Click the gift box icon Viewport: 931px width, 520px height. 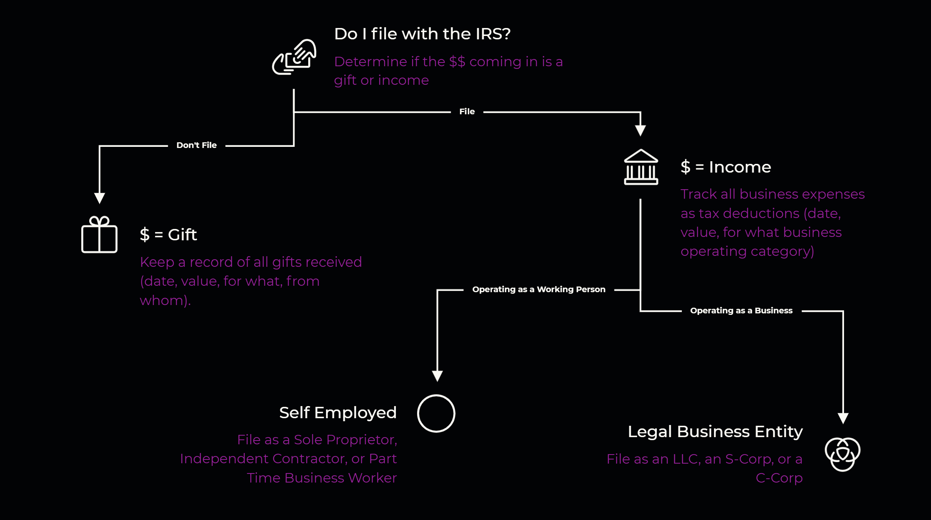pos(99,235)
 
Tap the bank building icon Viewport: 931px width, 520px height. pos(641,167)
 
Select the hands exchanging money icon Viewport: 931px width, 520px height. pos(294,57)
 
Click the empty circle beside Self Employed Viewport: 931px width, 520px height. pos(436,413)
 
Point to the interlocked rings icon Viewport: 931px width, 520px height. pos(843,454)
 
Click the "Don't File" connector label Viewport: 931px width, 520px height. pos(197,145)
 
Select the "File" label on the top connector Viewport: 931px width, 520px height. pos(467,112)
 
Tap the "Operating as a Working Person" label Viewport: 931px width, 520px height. pos(538,290)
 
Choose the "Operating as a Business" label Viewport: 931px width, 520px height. pos(741,311)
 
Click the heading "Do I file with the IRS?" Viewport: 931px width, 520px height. pos(422,34)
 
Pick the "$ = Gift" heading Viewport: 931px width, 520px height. pos(168,235)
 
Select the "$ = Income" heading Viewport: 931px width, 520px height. pos(726,167)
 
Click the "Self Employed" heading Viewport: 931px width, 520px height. pos(338,413)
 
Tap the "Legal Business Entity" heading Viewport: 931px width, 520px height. pos(715,431)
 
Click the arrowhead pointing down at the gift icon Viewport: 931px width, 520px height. pos(99,198)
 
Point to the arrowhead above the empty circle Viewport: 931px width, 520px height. pos(437,376)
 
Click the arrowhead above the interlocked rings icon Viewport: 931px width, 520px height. pos(843,418)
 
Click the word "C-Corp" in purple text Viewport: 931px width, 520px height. pos(779,478)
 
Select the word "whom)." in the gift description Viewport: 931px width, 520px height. pos(165,300)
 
